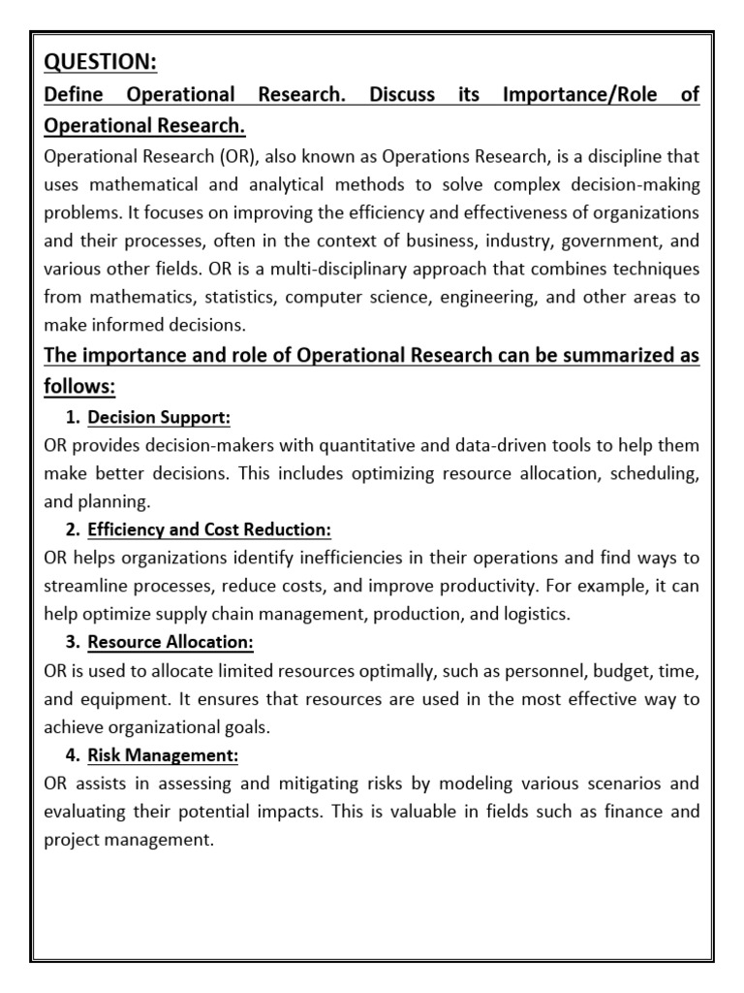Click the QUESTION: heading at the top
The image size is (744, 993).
pos(100,62)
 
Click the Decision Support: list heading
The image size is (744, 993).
pos(159,418)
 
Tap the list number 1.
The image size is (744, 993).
pos(72,418)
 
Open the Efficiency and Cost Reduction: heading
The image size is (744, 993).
pos(209,530)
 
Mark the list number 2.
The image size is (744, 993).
pos(72,530)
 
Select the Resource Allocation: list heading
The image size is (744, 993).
pos(170,643)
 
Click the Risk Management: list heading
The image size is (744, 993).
pos(163,755)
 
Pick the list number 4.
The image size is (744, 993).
pos(72,755)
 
